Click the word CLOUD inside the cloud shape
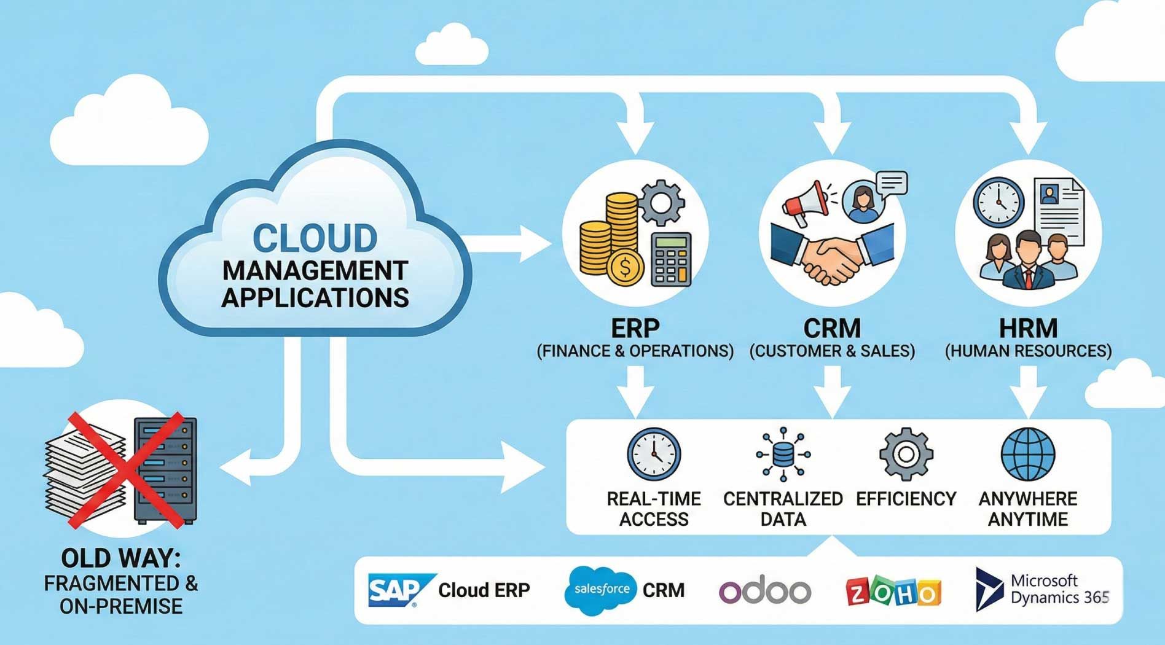pos(315,238)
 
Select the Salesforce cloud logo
pos(600,590)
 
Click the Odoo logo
pos(765,591)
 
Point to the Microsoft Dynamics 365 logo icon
pos(988,589)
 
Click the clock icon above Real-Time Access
pos(654,455)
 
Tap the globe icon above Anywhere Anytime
pos(1027,455)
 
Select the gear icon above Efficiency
pos(906,455)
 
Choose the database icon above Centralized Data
pos(783,455)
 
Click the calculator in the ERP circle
pos(670,259)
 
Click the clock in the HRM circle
pos(998,203)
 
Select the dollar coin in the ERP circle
pos(625,268)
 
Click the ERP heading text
pos(635,328)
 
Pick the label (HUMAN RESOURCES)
pos(1028,351)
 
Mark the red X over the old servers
pos(126,470)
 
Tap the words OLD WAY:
pos(121,558)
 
